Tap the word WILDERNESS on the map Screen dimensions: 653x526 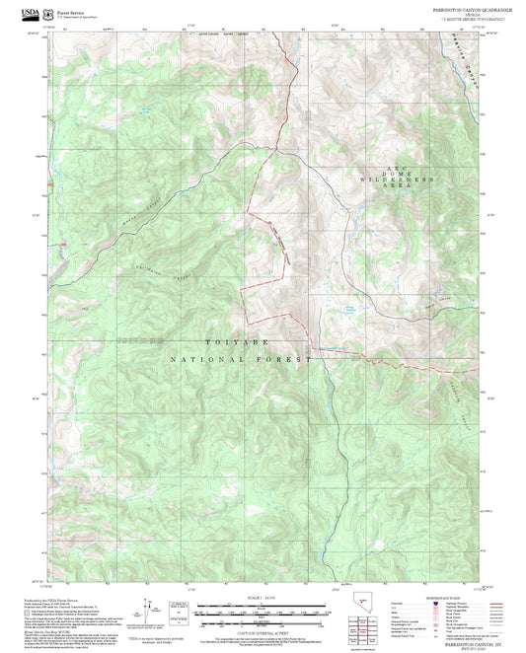click(x=398, y=181)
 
